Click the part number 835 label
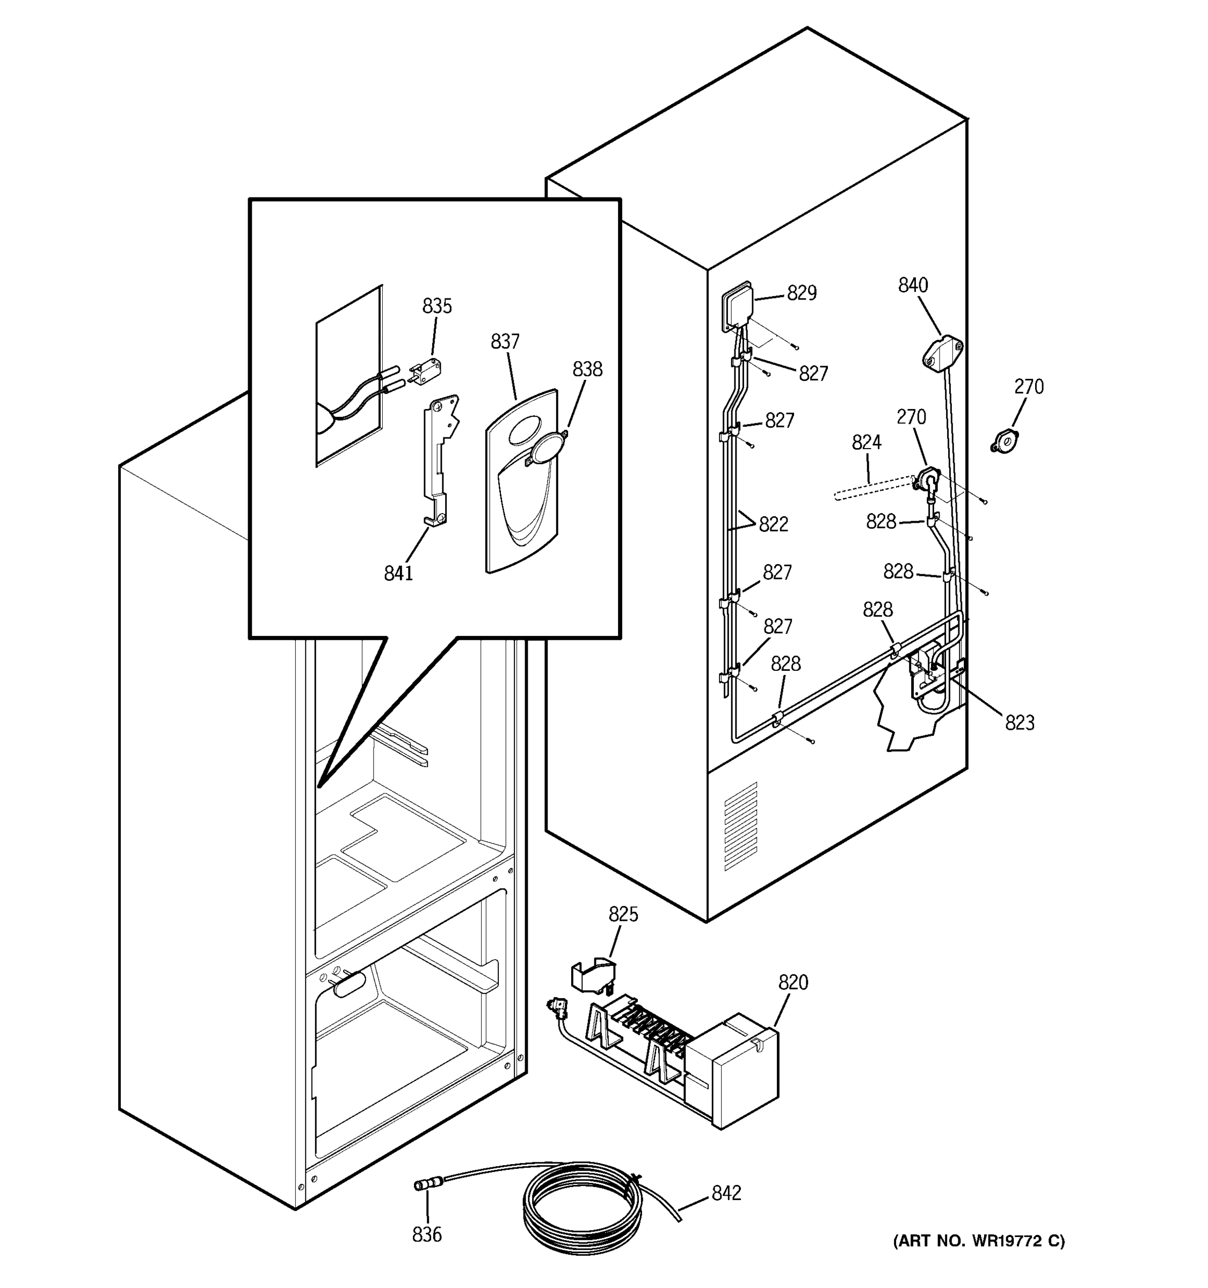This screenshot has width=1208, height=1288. pos(437,306)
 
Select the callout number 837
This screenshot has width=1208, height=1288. pos(505,341)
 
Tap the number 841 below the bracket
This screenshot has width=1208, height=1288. pos(398,573)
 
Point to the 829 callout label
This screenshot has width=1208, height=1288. pos(802,294)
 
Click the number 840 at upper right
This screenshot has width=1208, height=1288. pos(913,285)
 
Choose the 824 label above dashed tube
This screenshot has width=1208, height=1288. pos(866,443)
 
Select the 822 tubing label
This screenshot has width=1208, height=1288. pos(773,524)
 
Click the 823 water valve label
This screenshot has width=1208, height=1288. pos(1020,722)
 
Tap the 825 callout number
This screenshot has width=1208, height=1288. pos(623,915)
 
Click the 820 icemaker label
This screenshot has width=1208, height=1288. pos(792,983)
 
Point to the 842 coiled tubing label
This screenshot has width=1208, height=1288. pos(726,1193)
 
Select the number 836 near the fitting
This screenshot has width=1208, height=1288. pos(426,1235)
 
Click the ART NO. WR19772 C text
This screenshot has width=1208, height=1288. pos(979,1241)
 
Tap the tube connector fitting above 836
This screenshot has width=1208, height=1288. pos(425,1185)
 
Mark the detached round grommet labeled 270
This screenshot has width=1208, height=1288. pos(1005,443)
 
